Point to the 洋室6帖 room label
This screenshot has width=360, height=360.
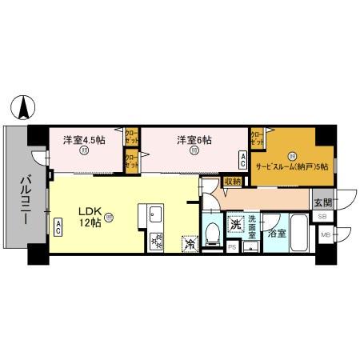pos(194,140)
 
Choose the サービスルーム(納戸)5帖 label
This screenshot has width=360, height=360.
pos(292,166)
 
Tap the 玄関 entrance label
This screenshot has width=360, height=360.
pos(322,201)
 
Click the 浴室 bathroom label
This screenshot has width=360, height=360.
pos(277,234)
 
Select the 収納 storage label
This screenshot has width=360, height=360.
pos(232,182)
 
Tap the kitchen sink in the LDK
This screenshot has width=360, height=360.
pos(154,215)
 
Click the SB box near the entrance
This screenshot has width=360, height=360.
pos(322,217)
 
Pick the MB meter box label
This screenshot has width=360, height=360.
pos(326,234)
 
